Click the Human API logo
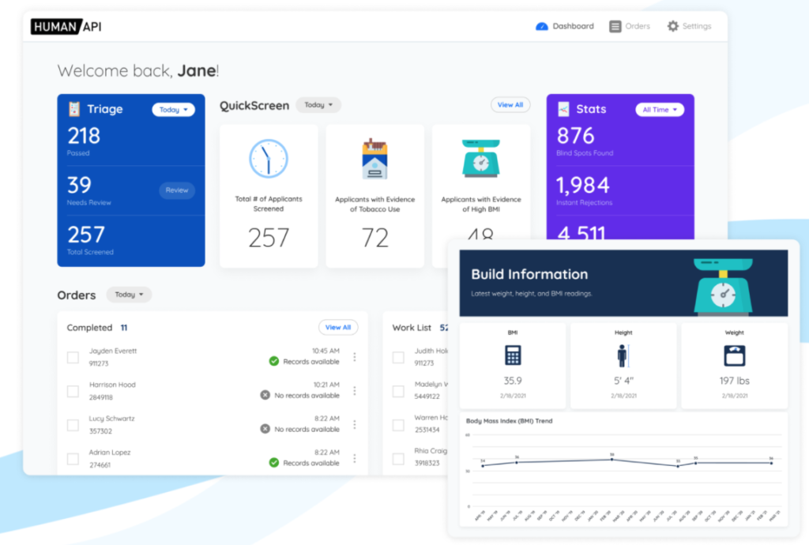coord(66,26)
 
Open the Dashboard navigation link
coord(565,26)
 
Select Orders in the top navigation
coord(630,26)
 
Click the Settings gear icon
coord(673,26)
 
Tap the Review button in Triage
coord(177,190)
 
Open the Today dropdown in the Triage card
coord(173,110)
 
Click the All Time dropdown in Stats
coord(660,110)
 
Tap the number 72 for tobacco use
coord(374,238)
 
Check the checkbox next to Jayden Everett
coord(73,357)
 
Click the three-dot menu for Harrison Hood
coord(354,390)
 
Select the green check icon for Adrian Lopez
coord(274,463)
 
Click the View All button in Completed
coord(338,327)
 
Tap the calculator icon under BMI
coord(513,355)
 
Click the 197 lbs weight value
coord(734,381)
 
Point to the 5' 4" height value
coord(623,381)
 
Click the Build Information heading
coord(529,275)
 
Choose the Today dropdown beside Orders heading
coord(129,295)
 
